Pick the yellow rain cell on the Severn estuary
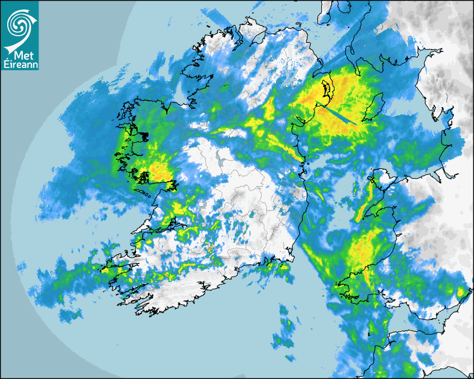click(460, 291)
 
